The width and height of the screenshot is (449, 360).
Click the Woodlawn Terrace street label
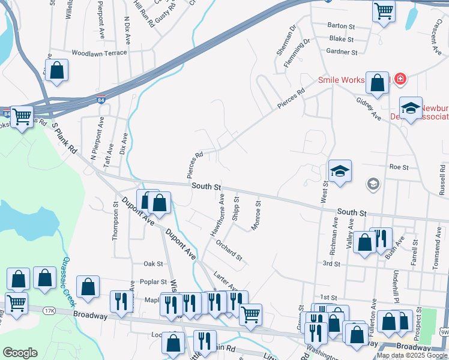[99, 53]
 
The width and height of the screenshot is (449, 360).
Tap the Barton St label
[342, 26]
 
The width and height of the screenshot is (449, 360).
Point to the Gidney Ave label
[369, 108]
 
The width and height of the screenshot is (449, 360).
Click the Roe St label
[399, 167]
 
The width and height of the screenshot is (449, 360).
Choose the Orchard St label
[229, 251]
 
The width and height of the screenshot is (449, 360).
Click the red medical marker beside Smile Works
[400, 79]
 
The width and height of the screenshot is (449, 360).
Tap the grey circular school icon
[373, 184]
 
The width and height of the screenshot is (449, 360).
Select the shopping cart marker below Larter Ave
[250, 313]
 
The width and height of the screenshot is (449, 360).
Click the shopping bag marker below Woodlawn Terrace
[56, 70]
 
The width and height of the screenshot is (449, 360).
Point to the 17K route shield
[50, 311]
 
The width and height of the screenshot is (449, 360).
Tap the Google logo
[20, 353]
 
